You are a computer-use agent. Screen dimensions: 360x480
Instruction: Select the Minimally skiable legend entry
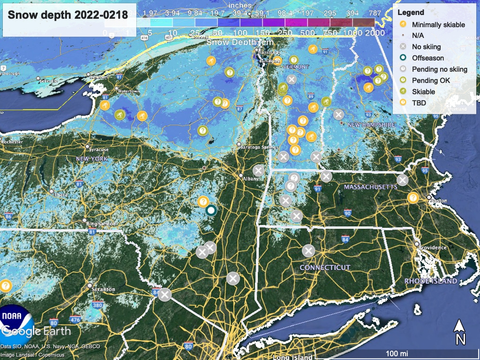coord(438,24)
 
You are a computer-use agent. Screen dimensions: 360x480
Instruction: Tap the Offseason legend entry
coord(427,58)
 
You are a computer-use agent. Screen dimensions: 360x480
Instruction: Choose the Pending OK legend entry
coord(431,81)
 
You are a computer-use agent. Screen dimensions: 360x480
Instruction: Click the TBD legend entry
coord(419,103)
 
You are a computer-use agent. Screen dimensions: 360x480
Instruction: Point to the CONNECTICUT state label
coord(325,268)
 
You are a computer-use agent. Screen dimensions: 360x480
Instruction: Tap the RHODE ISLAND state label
coord(430,281)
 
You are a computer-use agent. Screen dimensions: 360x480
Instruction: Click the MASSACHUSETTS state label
coord(370,187)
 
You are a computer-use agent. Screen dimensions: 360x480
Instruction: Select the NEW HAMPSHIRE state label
coord(372,125)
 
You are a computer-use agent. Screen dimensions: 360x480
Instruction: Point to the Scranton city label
coord(104,289)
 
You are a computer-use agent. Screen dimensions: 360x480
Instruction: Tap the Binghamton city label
coord(101,224)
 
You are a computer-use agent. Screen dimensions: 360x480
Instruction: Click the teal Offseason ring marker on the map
coord(211,210)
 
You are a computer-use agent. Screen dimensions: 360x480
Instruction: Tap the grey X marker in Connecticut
coord(308,251)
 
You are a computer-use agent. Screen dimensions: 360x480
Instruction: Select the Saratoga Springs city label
coord(259,147)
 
